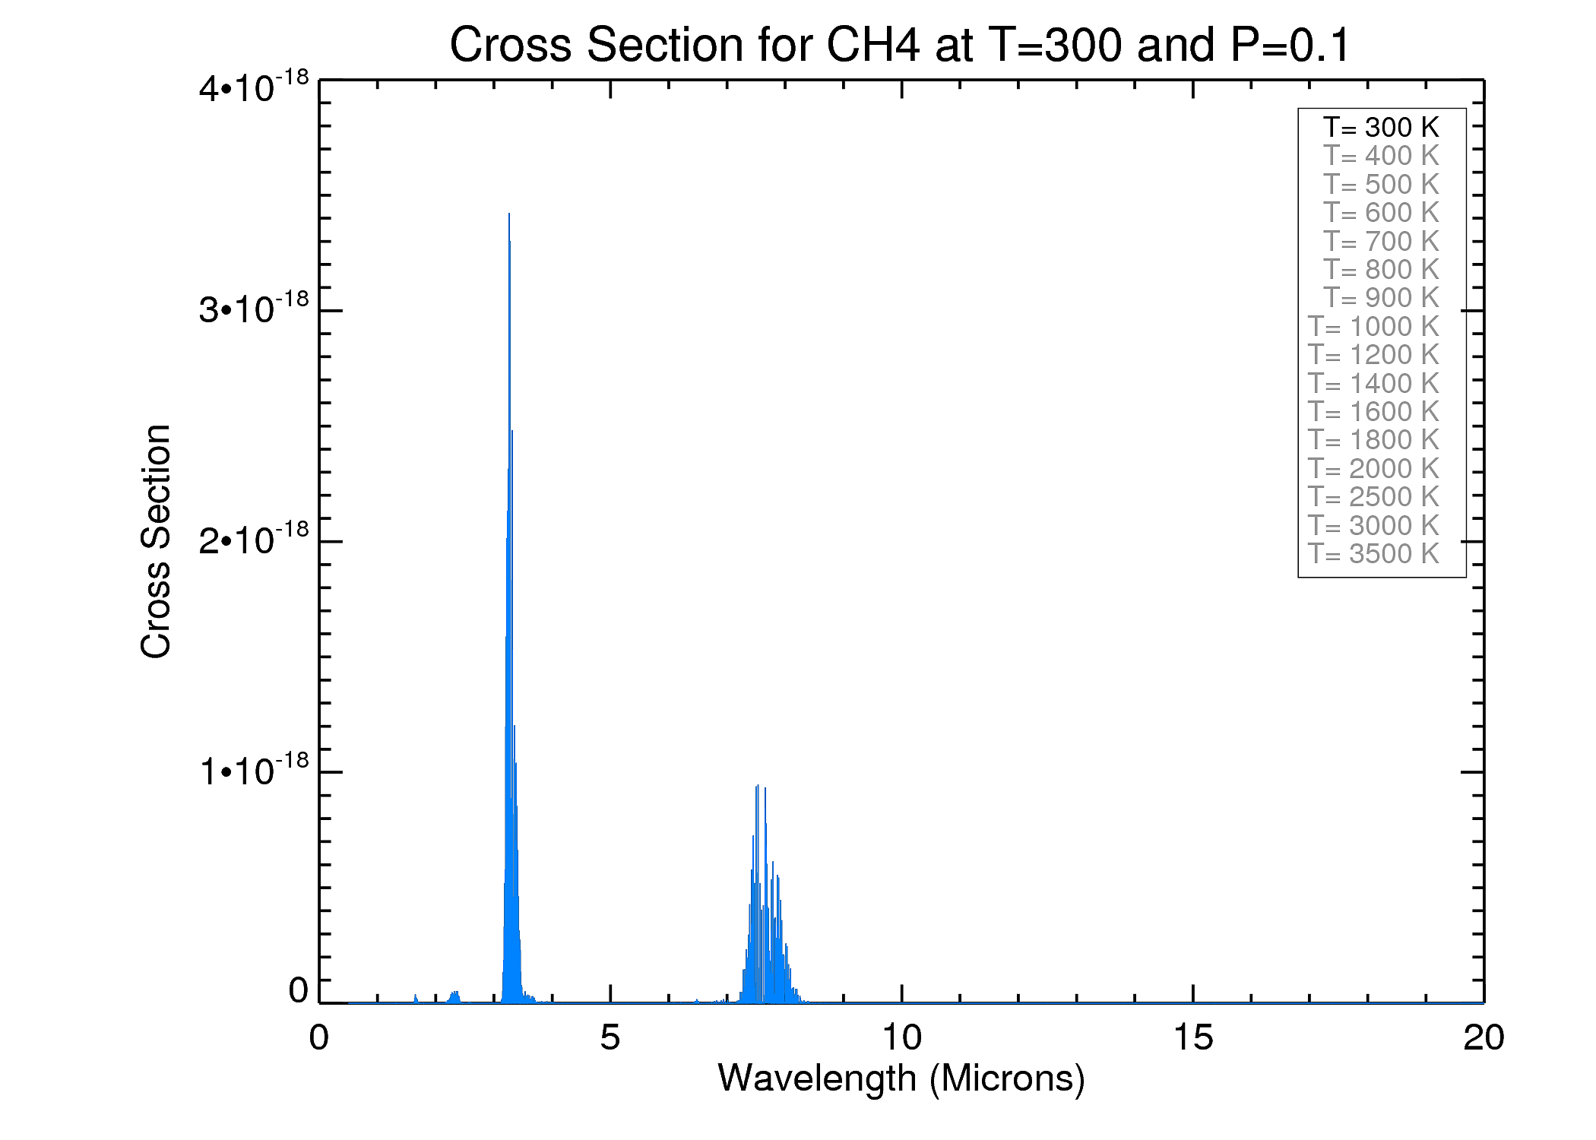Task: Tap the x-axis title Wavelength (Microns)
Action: tap(901, 1078)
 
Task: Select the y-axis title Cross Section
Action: tap(156, 541)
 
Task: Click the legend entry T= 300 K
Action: tap(1381, 127)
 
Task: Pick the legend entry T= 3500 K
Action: tap(1373, 553)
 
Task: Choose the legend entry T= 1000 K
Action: tap(1373, 326)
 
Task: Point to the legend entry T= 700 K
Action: tap(1381, 241)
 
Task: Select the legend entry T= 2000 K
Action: tap(1373, 468)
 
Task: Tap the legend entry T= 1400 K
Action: tap(1373, 383)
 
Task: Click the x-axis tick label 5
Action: tap(610, 1037)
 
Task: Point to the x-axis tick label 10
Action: tap(901, 1037)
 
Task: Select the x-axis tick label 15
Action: tap(1193, 1037)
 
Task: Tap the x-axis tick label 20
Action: tap(1484, 1037)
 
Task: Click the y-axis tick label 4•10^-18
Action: tap(254, 88)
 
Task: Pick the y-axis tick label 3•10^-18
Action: tap(254, 309)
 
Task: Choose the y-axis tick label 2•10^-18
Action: tap(254, 540)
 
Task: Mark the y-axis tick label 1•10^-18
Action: tap(254, 771)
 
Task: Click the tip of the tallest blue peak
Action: tap(509, 215)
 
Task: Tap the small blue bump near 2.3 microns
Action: tap(454, 996)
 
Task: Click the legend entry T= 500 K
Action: tap(1381, 184)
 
